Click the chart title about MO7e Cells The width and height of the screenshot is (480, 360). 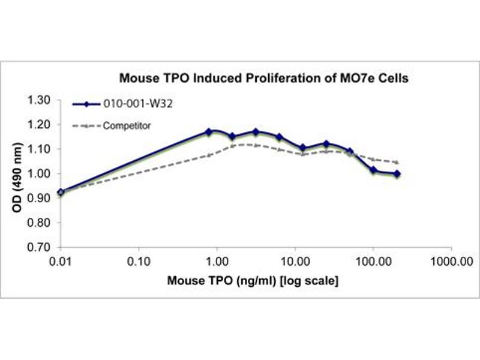pos(263,78)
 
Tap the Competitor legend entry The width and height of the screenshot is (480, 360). pos(127,126)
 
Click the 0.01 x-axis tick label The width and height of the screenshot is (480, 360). pos(60,262)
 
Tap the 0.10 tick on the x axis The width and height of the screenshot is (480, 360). pos(139,262)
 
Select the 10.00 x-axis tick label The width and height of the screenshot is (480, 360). pos(295,262)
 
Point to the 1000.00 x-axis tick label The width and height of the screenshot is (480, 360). pos(451,262)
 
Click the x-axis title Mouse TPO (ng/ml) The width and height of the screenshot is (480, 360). pos(253,280)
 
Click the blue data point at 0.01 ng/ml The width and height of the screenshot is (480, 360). pos(61,192)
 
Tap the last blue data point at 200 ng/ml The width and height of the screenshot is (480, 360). pos(397,174)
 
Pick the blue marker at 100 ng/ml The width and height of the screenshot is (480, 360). pos(373,170)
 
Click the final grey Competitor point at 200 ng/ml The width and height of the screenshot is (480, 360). pos(397,162)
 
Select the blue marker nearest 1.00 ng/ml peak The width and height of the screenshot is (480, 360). pos(209,131)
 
